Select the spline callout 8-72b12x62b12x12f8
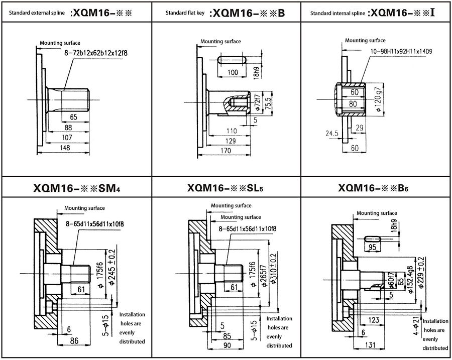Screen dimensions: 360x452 pyautogui.click(x=95, y=52)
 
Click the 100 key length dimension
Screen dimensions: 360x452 pyautogui.click(x=233, y=73)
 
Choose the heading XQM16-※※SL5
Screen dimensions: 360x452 pyautogui.click(x=225, y=189)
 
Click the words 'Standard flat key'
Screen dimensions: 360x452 pyautogui.click(x=185, y=13)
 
